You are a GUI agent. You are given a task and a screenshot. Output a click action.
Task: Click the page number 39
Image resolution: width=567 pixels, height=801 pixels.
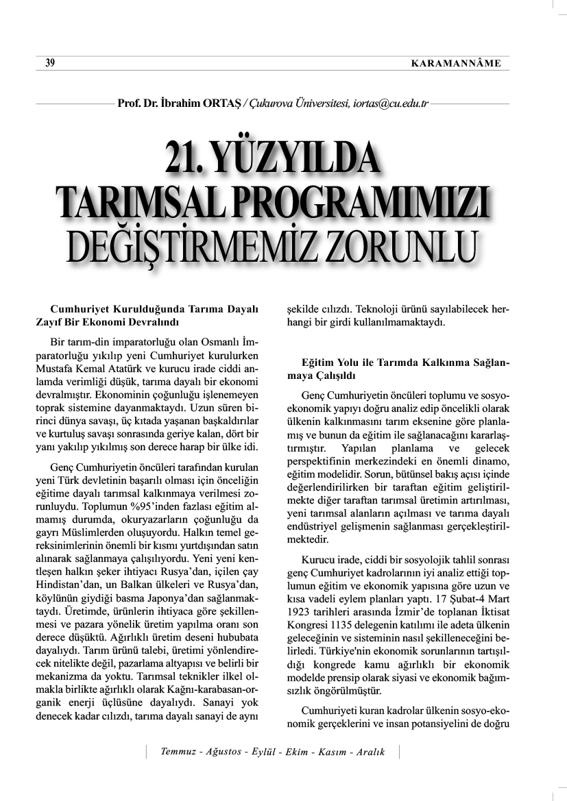49,63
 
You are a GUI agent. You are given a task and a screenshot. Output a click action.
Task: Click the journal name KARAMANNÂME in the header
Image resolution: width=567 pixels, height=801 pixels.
456,64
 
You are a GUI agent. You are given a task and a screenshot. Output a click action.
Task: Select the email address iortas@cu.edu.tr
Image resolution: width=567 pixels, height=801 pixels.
389,103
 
